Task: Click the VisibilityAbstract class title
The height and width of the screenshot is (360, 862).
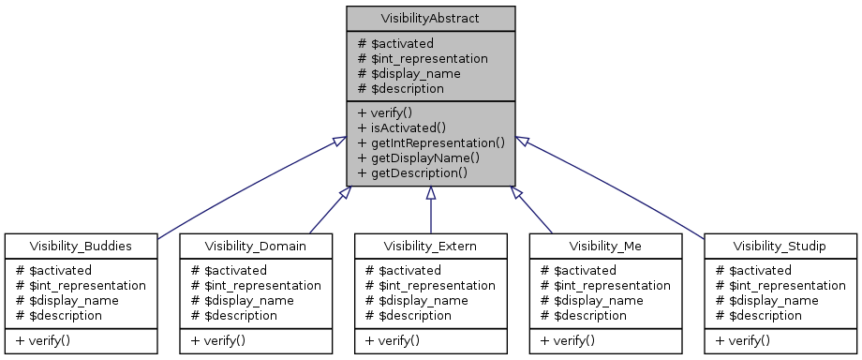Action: pyautogui.click(x=430, y=18)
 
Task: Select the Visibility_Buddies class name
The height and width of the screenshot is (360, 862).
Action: pyautogui.click(x=80, y=246)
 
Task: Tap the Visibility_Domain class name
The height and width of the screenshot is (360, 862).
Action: pyautogui.click(x=255, y=246)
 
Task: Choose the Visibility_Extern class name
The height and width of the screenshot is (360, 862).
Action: pyautogui.click(x=430, y=246)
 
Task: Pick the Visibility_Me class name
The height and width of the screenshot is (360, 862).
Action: pyautogui.click(x=605, y=246)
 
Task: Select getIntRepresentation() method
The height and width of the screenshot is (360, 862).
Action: pyautogui.click(x=431, y=142)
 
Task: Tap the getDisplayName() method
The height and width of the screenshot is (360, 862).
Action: pyautogui.click(x=419, y=157)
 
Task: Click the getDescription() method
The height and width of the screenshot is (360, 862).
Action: pyautogui.click(x=412, y=172)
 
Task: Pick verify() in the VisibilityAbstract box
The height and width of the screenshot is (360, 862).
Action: pyautogui.click(x=386, y=112)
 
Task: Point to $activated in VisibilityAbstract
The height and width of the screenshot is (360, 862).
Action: pyautogui.click(x=395, y=43)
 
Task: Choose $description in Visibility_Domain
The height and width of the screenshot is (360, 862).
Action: pyautogui.click(x=233, y=315)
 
